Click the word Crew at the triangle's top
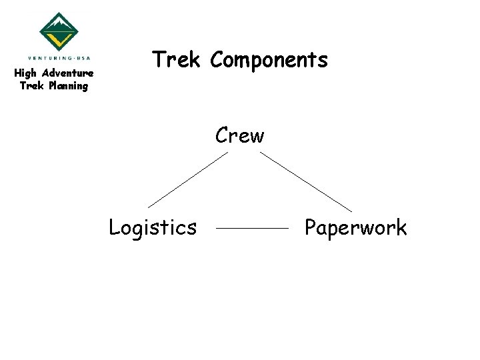(239, 136)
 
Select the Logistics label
(153, 228)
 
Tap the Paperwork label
(355, 228)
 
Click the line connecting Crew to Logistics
(187, 179)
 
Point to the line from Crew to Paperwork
(305, 181)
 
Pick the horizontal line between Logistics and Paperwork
(253, 228)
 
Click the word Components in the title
(269, 61)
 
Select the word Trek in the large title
(176, 60)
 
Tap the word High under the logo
(26, 73)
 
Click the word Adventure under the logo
(67, 73)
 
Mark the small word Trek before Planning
(31, 86)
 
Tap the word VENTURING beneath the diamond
(49, 58)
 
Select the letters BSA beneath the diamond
(83, 58)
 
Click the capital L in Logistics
(114, 227)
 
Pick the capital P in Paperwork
(310, 227)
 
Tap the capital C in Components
(217, 60)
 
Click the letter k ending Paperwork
(400, 227)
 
